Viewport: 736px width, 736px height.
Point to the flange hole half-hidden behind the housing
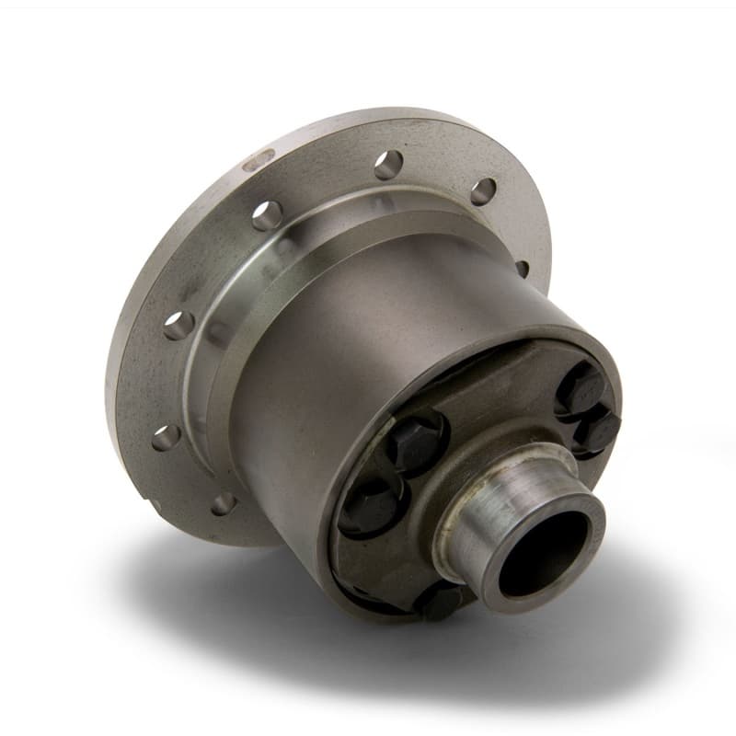[x=523, y=269]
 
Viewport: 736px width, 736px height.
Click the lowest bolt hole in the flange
[x=223, y=503]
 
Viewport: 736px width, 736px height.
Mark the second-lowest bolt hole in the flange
[x=166, y=437]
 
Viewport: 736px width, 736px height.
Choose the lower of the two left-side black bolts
[x=367, y=507]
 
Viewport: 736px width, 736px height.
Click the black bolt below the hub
[x=440, y=602]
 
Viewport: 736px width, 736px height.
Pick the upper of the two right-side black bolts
[x=579, y=387]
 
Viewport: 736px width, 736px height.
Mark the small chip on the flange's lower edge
[x=152, y=505]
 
